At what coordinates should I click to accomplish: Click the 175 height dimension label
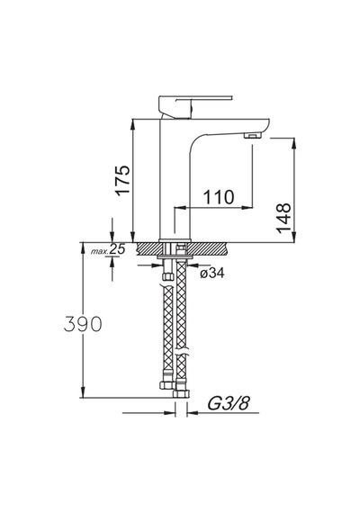[123, 180]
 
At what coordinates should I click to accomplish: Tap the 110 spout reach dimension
[219, 197]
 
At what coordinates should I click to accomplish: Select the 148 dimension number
[283, 218]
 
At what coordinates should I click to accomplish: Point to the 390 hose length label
[83, 324]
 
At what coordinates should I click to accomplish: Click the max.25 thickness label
[108, 249]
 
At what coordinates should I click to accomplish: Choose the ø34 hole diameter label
[212, 273]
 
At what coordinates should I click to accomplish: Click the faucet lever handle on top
[195, 105]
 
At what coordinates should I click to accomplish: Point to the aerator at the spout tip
[253, 135]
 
